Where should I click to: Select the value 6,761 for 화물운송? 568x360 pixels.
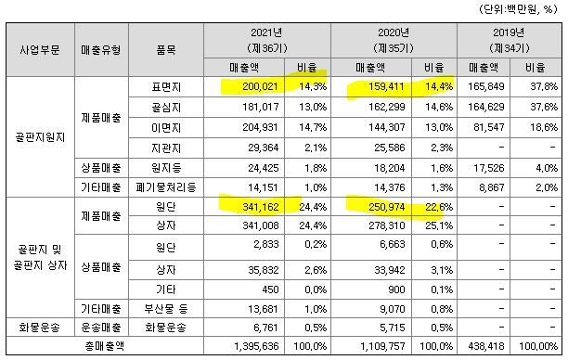pyautogui.click(x=250, y=327)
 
